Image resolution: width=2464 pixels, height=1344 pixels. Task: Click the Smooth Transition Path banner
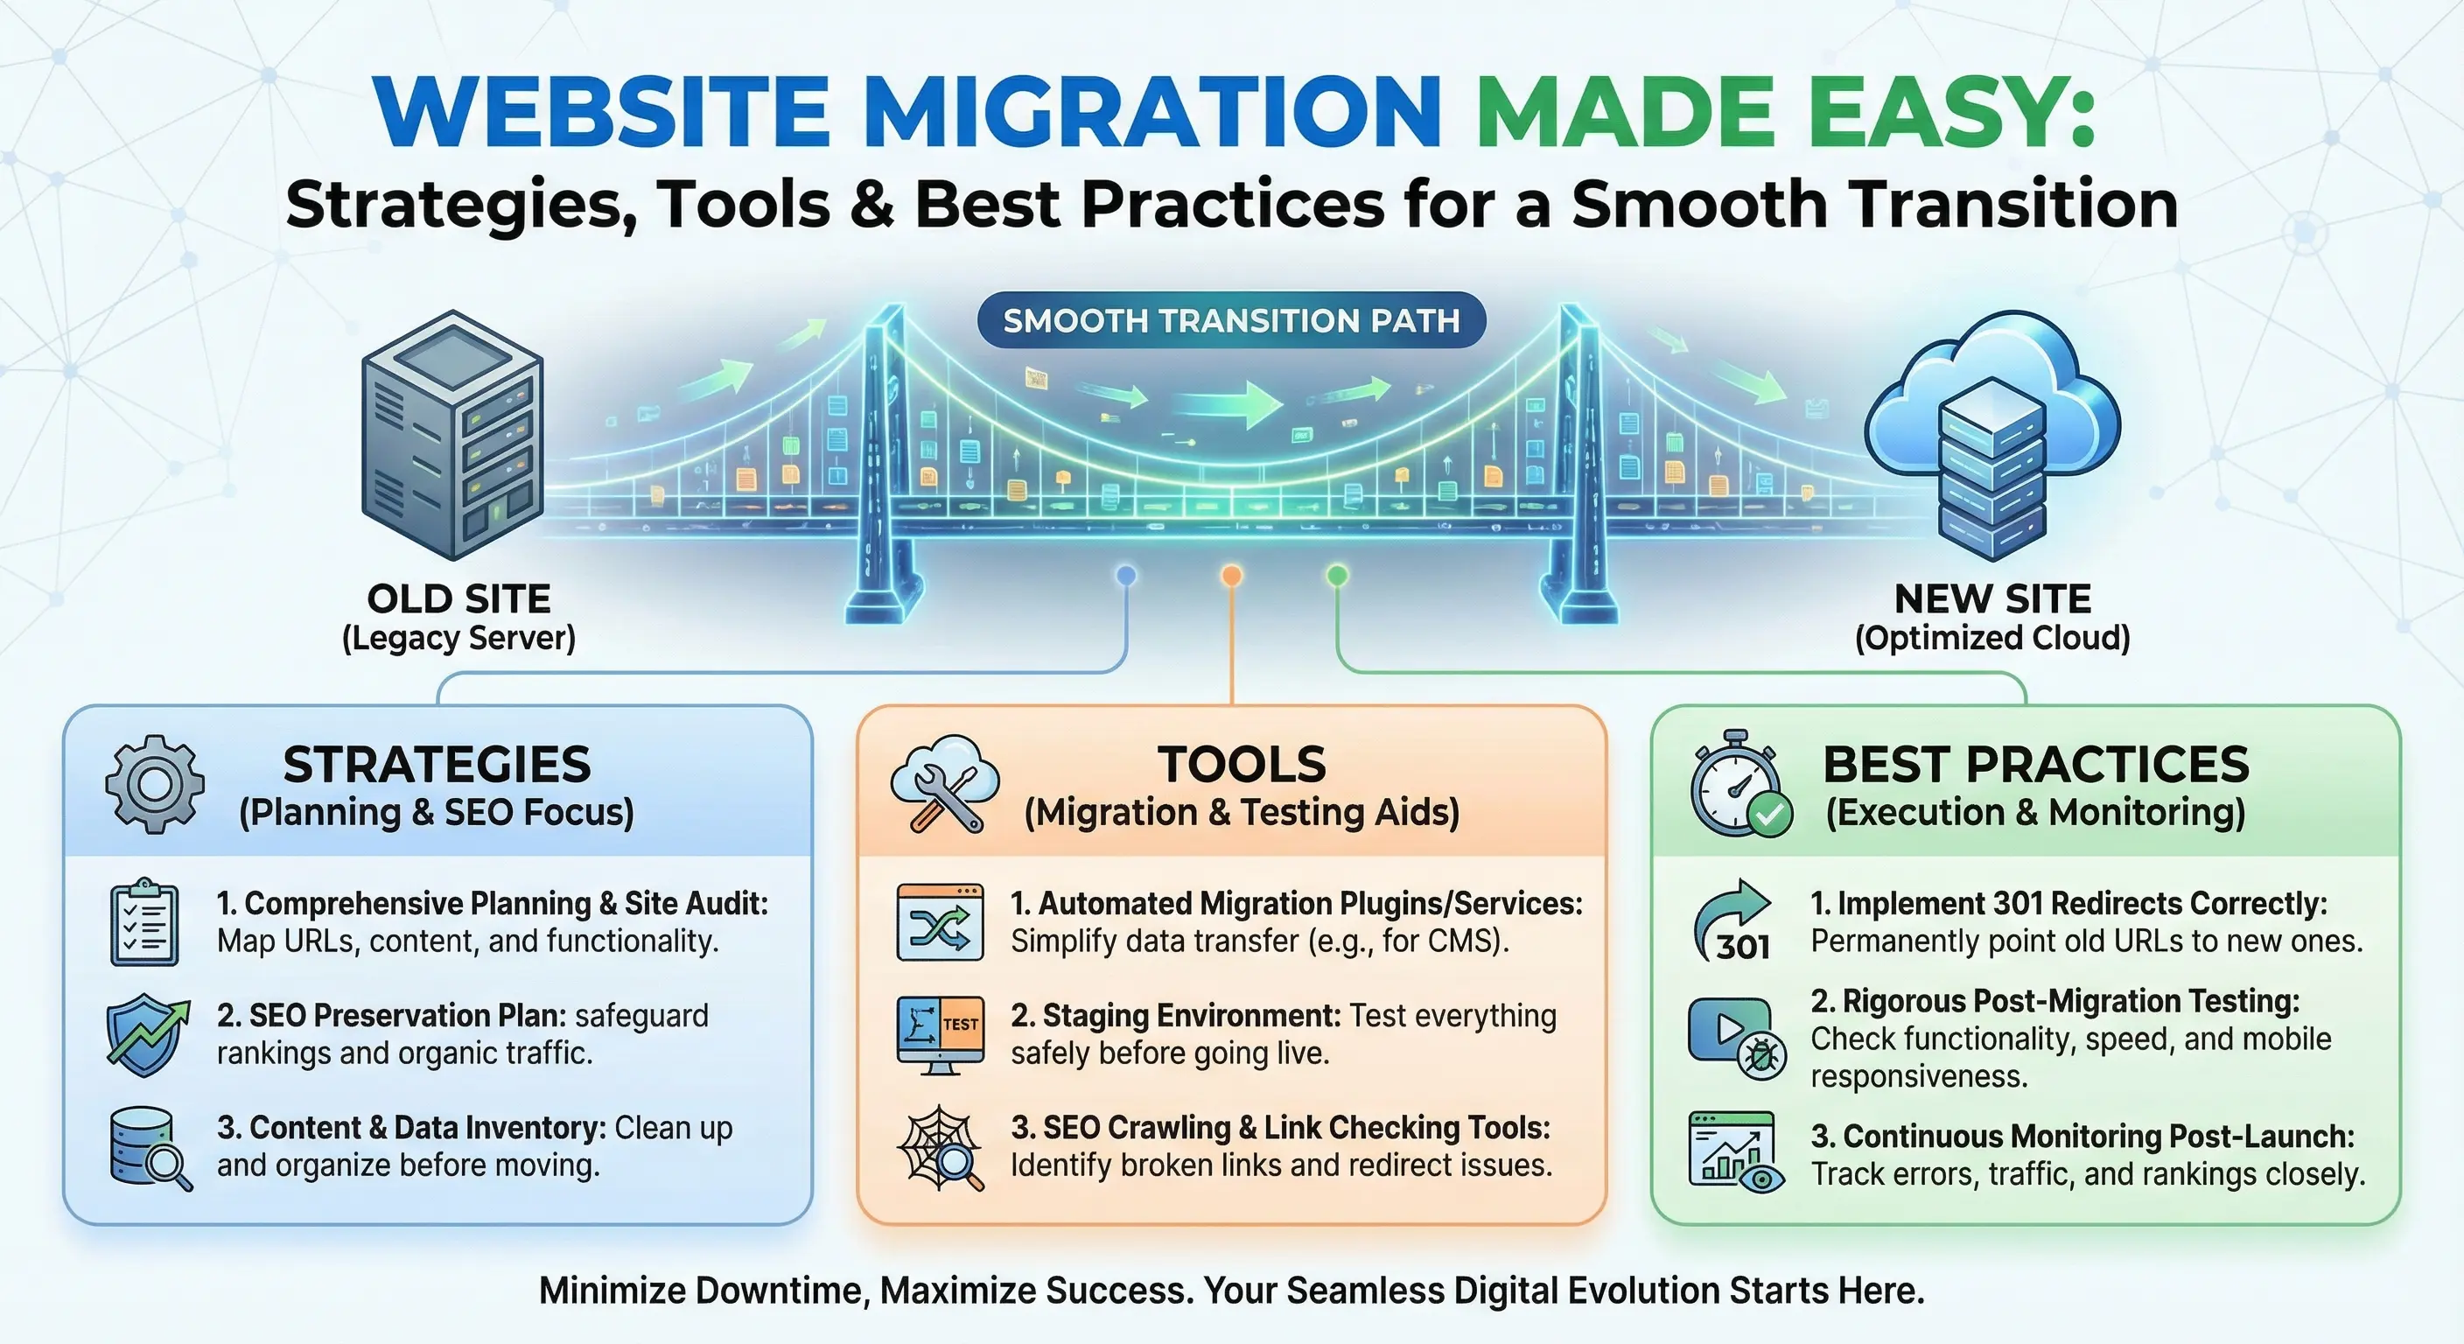(1231, 320)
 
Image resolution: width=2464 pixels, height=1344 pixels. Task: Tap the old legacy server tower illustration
(451, 435)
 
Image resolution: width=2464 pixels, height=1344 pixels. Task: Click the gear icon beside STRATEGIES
(154, 784)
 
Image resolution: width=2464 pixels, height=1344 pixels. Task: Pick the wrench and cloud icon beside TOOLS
(944, 784)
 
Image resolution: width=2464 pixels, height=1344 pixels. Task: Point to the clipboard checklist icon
(144, 922)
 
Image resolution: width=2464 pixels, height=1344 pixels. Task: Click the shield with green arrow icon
(146, 1034)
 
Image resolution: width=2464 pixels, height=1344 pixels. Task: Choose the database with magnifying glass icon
(148, 1148)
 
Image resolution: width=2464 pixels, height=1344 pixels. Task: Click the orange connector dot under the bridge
(1232, 575)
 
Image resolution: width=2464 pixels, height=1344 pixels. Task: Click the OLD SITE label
(459, 598)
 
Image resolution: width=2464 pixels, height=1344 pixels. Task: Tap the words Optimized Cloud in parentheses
(1992, 638)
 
